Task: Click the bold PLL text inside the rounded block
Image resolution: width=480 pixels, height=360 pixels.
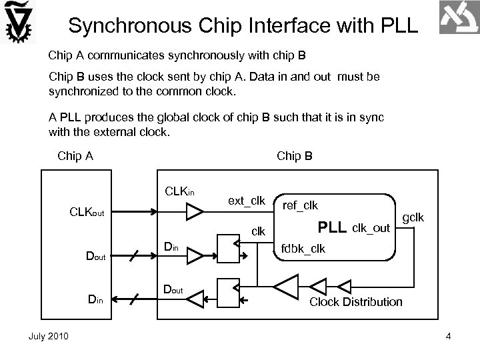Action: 332,227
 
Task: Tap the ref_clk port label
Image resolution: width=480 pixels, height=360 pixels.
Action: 301,206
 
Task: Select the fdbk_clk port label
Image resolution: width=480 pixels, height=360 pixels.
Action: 304,249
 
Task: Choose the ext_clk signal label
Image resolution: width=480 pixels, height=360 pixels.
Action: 247,201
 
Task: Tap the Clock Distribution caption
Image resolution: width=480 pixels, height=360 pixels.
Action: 356,302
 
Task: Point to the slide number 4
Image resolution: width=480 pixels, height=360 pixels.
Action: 449,335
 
